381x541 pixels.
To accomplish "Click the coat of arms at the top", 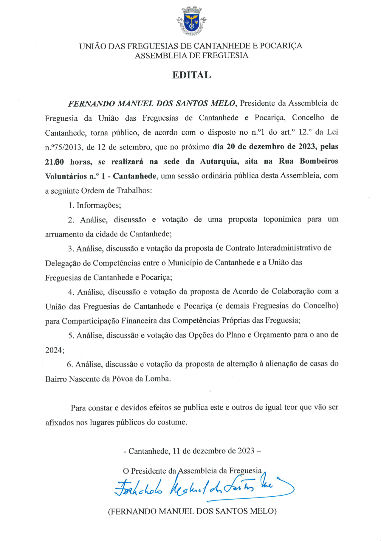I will [191, 21].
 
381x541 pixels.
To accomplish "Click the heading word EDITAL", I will [191, 75].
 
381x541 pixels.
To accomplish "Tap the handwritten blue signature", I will [203, 488].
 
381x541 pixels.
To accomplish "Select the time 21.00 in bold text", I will [54, 162].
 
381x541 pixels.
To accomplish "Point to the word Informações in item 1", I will [98, 205].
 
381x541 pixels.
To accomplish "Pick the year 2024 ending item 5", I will [54, 350].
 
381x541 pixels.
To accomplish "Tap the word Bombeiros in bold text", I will [319, 161].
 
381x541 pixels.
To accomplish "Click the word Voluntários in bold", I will [66, 176].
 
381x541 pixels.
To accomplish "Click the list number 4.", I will [71, 292].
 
